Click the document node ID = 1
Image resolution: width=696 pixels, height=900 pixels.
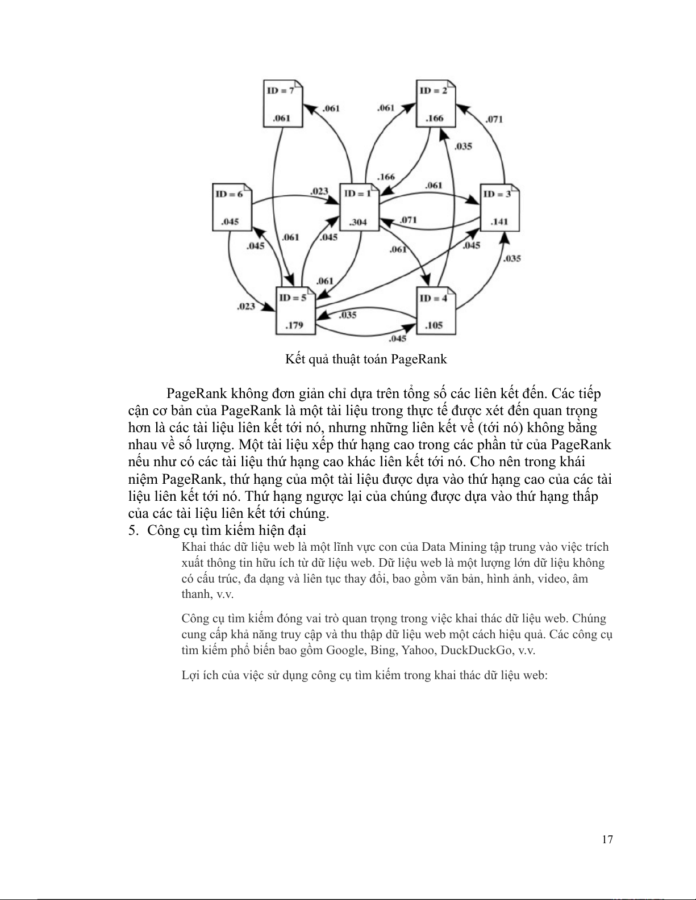[x=359, y=207]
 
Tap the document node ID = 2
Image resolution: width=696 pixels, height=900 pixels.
[x=436, y=104]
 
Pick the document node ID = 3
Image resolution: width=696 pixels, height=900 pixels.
[x=499, y=207]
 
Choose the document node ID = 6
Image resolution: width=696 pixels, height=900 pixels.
[x=231, y=207]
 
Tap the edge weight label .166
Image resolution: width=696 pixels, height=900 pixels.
[x=386, y=177]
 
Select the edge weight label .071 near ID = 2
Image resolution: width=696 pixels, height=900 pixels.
[x=494, y=119]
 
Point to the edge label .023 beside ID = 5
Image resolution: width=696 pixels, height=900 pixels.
[x=246, y=307]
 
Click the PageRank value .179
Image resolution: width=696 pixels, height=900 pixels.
[x=294, y=325]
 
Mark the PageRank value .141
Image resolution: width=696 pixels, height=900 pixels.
[x=499, y=221]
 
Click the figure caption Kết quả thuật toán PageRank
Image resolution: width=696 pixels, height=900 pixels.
[x=366, y=359]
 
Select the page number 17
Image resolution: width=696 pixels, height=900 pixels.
[x=607, y=839]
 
